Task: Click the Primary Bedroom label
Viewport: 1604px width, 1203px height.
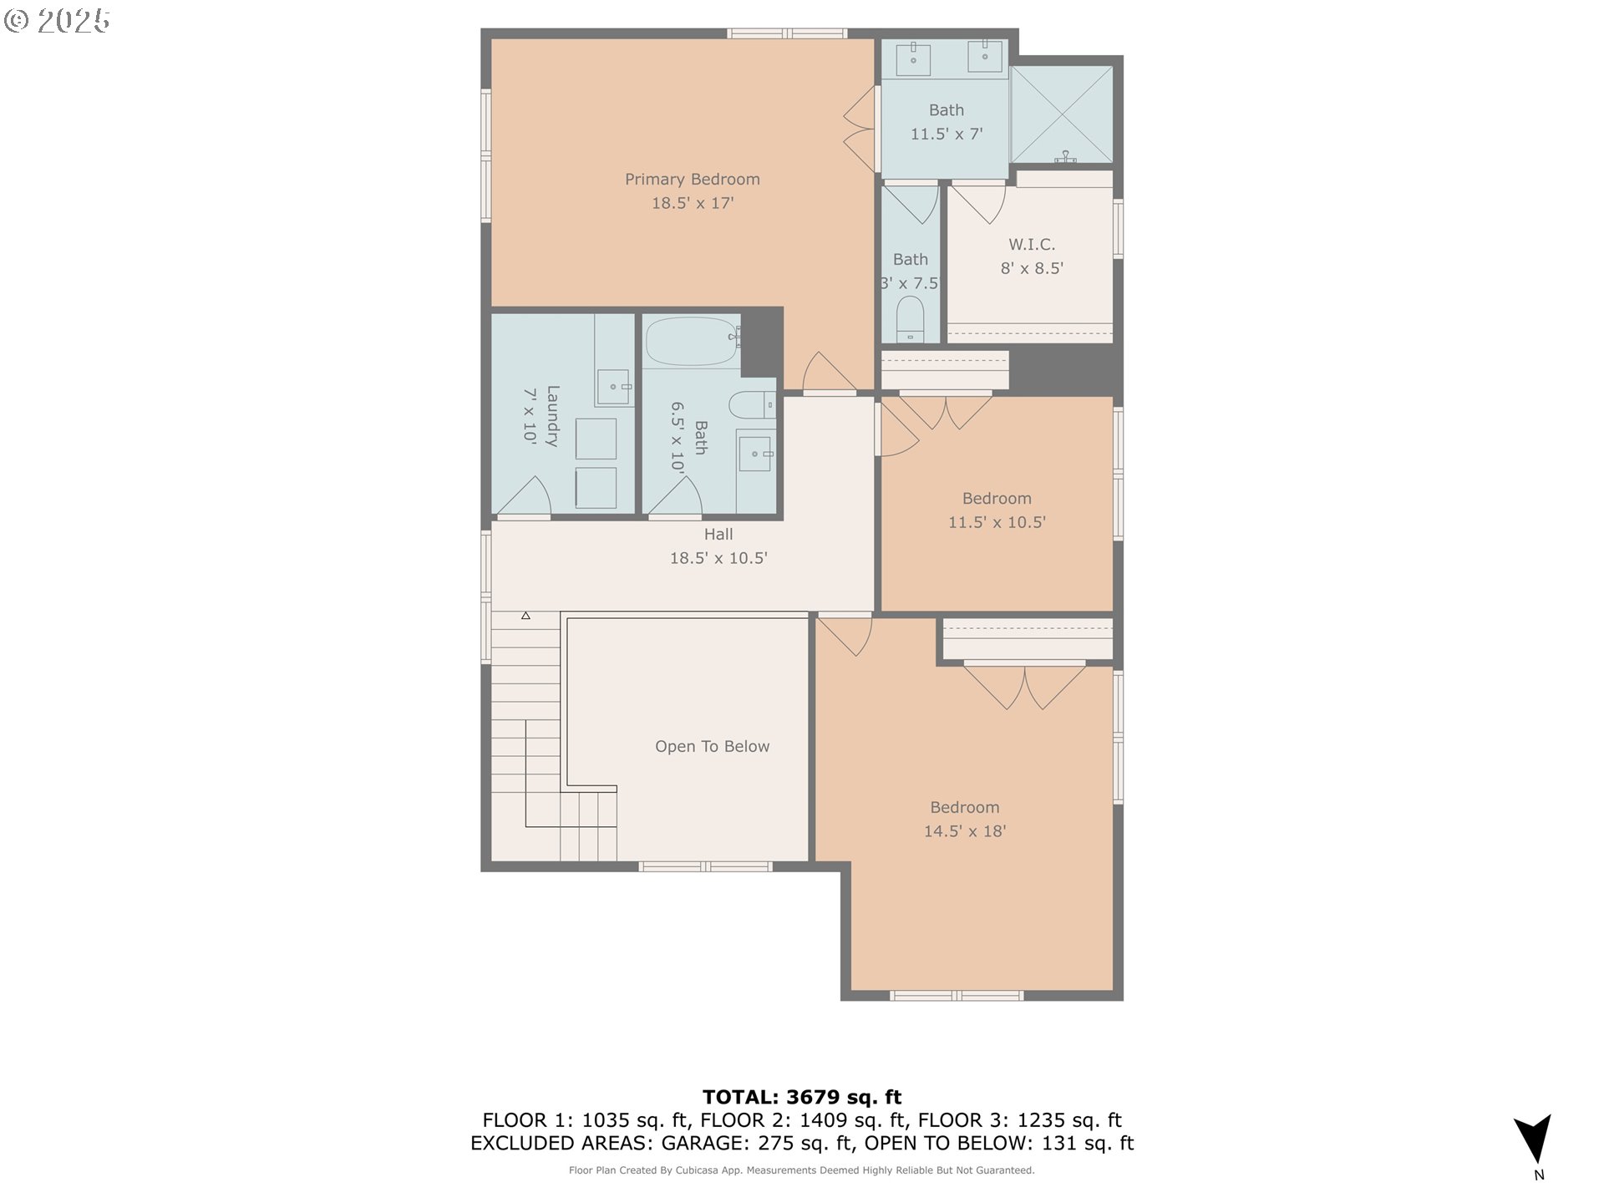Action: tap(693, 180)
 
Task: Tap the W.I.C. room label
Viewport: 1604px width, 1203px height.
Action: tap(1032, 245)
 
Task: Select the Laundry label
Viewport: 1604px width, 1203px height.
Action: tap(552, 416)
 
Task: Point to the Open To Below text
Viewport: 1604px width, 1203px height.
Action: tap(712, 747)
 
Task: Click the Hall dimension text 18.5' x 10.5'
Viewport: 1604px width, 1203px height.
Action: tap(718, 558)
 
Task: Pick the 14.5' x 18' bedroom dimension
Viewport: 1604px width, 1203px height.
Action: tap(965, 831)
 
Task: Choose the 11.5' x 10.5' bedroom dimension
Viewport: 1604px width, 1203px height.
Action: tap(997, 522)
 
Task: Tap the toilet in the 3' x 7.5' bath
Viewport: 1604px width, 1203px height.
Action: tap(911, 320)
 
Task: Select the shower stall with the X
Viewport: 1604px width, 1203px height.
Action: tap(1062, 114)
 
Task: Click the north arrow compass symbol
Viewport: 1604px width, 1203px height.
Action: tap(1535, 1139)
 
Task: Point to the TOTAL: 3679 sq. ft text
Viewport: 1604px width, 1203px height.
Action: tap(802, 1097)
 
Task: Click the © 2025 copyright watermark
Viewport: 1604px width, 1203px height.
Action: tap(57, 21)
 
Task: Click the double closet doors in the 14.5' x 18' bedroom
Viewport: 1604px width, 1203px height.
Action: tap(1025, 687)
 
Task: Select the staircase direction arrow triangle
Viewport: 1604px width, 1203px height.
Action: tap(525, 616)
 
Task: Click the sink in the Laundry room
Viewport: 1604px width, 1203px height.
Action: tap(614, 387)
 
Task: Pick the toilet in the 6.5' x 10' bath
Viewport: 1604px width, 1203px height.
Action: tap(753, 405)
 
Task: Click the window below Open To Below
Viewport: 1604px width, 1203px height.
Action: tap(706, 867)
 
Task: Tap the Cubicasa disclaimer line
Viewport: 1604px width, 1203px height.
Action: tap(802, 1170)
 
